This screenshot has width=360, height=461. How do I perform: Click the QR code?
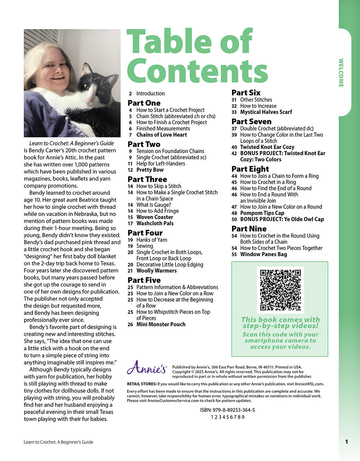point(280,290)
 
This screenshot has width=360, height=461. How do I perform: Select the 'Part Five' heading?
point(144,280)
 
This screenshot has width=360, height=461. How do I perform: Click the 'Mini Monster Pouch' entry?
point(161,324)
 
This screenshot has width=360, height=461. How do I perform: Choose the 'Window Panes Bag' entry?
point(263,254)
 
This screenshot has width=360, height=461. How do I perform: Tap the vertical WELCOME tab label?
point(341,73)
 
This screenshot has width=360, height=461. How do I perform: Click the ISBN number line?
point(227,410)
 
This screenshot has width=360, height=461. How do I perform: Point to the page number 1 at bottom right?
point(347,442)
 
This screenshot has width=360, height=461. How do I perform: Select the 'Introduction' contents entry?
point(150,94)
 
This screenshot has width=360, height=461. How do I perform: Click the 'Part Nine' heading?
point(249,229)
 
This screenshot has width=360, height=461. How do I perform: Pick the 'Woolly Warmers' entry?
point(156,271)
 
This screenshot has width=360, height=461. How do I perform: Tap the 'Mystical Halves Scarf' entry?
point(266,112)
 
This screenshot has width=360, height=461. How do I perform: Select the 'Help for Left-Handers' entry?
point(161,163)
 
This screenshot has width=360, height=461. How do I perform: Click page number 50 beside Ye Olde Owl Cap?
point(234,219)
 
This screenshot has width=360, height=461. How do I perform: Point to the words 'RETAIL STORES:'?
point(142,384)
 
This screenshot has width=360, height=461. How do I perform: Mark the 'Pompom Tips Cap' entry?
point(262,213)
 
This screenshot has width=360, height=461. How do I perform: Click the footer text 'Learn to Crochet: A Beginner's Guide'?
point(58,442)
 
